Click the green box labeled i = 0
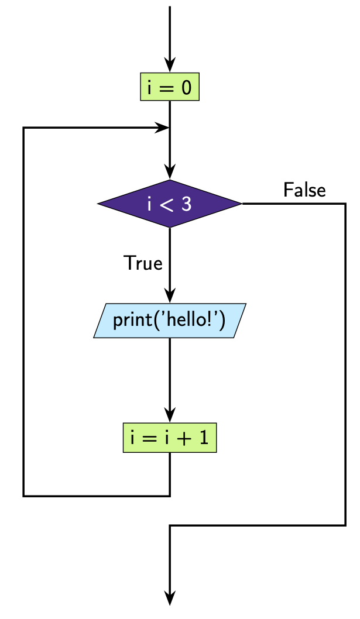(170, 88)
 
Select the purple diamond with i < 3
(170, 204)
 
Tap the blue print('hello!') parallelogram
(169, 321)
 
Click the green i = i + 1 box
(170, 438)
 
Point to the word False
(304, 190)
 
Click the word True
(143, 263)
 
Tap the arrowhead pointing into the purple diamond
(170, 173)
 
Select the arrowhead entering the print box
(170, 297)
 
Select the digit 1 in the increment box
(203, 438)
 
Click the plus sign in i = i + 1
(187, 438)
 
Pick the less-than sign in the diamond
(169, 204)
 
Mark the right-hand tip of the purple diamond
(241, 204)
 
